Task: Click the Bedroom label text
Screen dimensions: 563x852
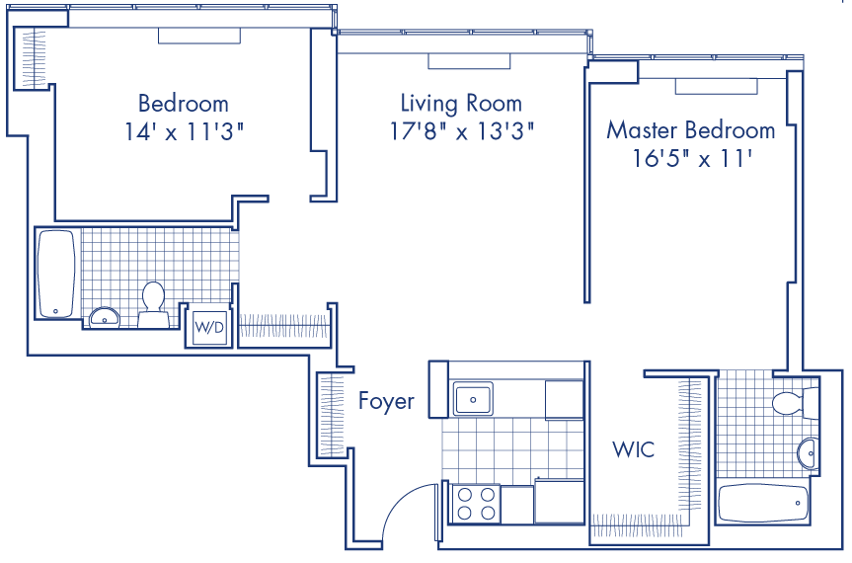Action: pos(184,103)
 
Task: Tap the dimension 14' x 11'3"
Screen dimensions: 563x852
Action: pos(184,131)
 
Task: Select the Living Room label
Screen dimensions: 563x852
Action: pos(461,103)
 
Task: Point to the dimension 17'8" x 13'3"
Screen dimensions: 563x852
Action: pos(461,131)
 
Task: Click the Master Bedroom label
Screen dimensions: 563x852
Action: pos(691,130)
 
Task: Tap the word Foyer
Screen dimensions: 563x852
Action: pos(386,402)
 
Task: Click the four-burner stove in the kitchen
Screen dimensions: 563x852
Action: pos(475,504)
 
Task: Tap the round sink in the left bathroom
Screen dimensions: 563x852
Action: pos(103,317)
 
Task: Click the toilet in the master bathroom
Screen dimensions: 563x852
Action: pos(788,401)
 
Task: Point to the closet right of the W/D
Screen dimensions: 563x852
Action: pos(283,326)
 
